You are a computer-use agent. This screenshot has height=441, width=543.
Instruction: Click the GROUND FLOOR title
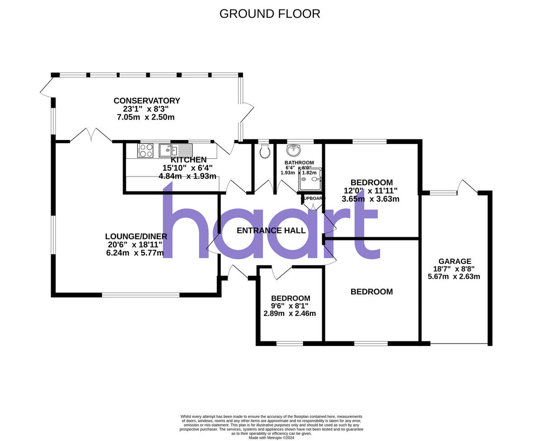(x=270, y=14)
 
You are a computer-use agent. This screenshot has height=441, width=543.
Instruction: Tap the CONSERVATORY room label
(x=147, y=101)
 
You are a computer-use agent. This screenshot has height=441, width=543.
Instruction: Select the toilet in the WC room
(x=265, y=153)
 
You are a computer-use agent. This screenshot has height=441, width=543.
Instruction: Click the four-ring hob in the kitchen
(x=145, y=150)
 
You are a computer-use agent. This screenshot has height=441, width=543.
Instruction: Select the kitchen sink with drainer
(x=176, y=150)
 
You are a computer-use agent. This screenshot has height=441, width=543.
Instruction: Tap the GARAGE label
(x=455, y=261)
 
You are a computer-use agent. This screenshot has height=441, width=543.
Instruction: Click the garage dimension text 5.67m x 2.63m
(x=454, y=277)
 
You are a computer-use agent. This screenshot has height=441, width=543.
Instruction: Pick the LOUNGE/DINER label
(x=136, y=236)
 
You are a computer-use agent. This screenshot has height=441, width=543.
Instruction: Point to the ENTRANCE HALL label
(x=271, y=230)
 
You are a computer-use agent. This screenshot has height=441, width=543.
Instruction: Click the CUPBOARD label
(x=313, y=198)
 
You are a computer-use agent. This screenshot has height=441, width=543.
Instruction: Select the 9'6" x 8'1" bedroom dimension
(x=290, y=306)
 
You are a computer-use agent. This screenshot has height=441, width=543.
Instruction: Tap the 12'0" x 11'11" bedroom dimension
(x=370, y=191)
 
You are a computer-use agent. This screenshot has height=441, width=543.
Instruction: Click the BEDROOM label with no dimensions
(x=372, y=292)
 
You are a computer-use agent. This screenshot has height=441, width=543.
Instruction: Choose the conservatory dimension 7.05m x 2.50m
(x=146, y=117)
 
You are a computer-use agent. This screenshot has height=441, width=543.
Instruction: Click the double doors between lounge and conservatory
(x=91, y=135)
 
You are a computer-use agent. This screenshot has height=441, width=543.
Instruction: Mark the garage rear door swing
(x=467, y=187)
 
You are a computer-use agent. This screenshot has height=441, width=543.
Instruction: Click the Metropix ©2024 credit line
(x=271, y=438)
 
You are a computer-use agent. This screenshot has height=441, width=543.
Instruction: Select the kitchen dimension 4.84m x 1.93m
(x=187, y=176)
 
